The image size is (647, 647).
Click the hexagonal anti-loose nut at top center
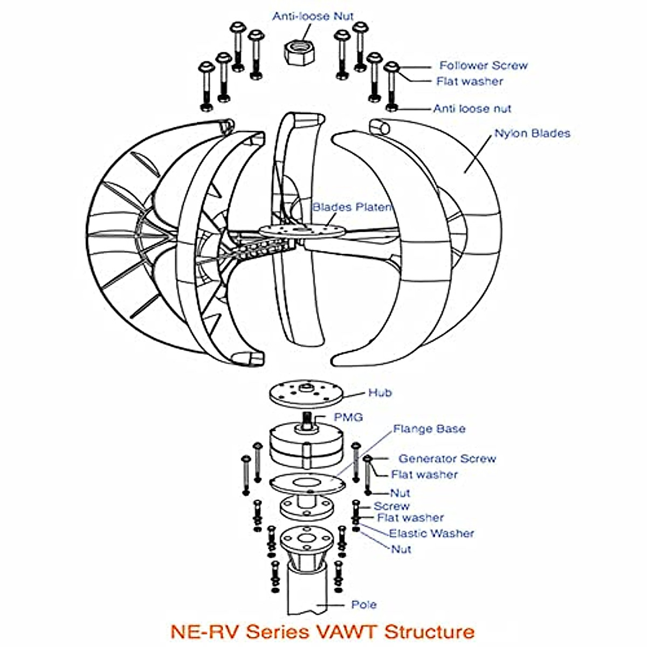[x=299, y=52]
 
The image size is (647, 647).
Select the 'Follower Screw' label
[x=483, y=66]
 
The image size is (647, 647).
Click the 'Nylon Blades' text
[x=532, y=133]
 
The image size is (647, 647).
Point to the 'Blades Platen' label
[x=352, y=207]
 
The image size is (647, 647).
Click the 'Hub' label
[x=380, y=393]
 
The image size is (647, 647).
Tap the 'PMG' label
[x=348, y=417]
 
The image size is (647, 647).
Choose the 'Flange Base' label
[x=429, y=429]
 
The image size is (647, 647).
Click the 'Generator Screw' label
[x=447, y=459]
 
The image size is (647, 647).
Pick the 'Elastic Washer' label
[x=431, y=533]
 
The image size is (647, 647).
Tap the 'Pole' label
[x=364, y=604]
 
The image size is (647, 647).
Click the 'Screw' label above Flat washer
[x=391, y=506]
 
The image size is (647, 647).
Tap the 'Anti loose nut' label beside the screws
[x=472, y=108]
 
